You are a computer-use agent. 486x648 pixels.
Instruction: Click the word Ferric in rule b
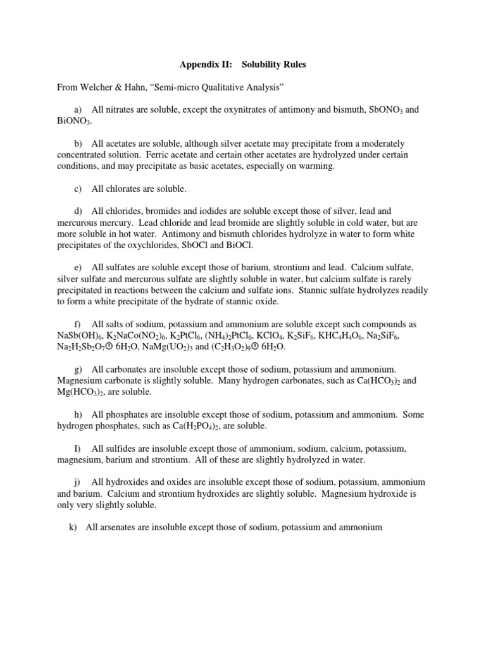click(160, 155)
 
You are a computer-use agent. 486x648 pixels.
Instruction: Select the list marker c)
click(79, 189)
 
